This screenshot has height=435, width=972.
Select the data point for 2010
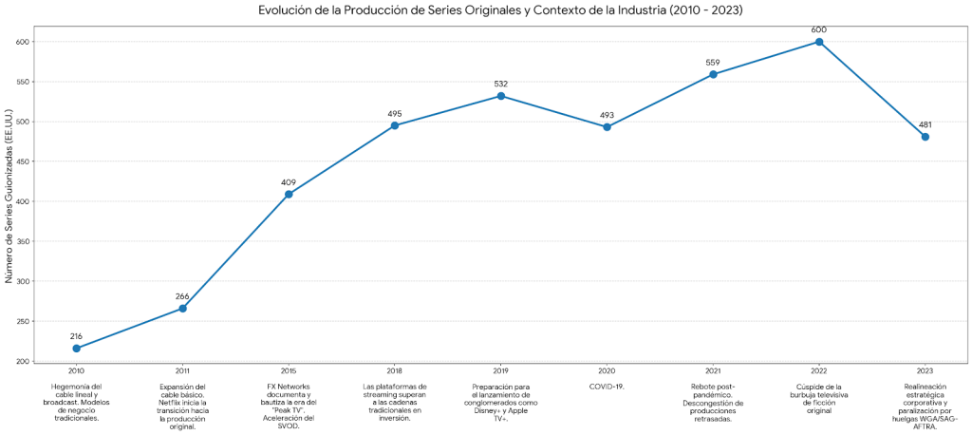pos(76,349)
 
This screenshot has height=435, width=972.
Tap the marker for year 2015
pos(289,194)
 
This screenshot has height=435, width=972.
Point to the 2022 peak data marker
pos(819,42)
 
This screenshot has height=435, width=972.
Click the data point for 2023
pos(925,137)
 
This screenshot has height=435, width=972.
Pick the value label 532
pos(501,84)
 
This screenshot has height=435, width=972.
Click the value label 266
pos(182,296)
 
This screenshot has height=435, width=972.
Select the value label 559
pos(713,63)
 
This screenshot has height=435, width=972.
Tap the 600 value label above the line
pos(819,29)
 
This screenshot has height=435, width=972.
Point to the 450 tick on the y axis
pos(22,161)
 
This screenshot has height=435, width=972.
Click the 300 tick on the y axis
pos(22,281)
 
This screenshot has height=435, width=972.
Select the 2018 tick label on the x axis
pos(395,370)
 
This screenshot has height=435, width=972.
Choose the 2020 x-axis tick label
pos(607,370)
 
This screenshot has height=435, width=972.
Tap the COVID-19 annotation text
pos(607,387)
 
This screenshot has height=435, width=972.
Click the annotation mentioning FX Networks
pos(289,407)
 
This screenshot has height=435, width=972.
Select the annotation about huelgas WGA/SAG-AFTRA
pos(925,407)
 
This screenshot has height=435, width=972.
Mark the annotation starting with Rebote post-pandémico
pos(713,402)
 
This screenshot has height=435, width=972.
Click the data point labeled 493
pos(607,127)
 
